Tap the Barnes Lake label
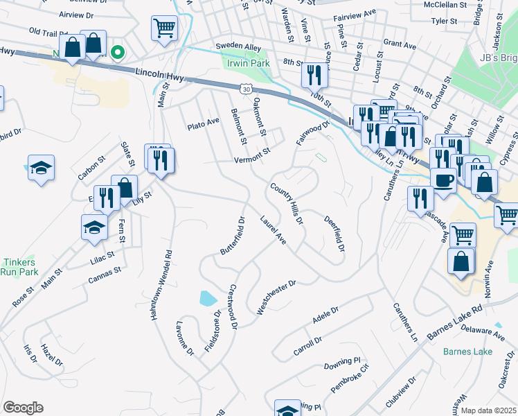[468, 352]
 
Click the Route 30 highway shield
[246, 88]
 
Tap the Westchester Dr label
[276, 297]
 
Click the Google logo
[23, 408]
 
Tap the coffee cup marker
[443, 178]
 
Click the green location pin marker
[118, 51]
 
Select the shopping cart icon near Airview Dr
[164, 28]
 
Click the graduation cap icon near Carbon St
[42, 167]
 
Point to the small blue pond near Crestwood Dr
[208, 299]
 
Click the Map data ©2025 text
[488, 410]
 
